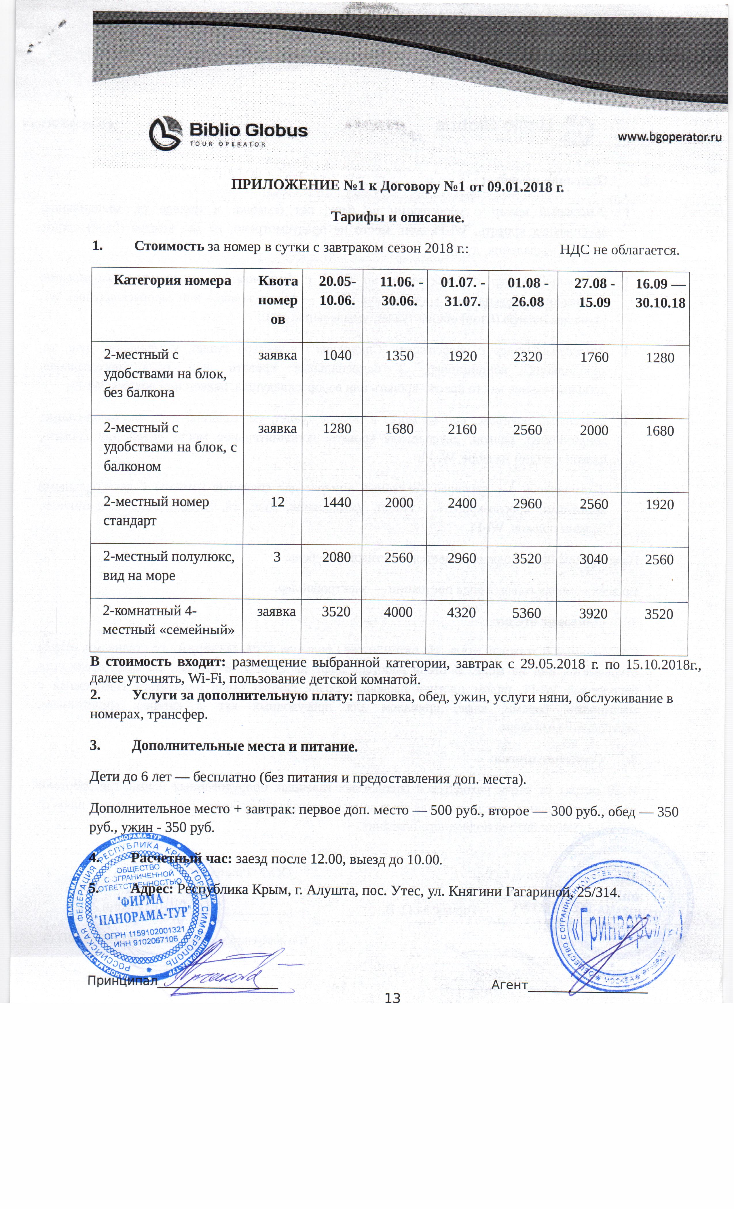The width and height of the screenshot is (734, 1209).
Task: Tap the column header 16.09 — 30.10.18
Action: point(660,293)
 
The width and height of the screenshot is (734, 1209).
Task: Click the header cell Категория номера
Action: point(172,281)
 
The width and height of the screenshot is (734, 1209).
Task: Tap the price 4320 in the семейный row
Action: point(462,613)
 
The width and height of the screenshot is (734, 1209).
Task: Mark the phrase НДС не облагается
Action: point(619,250)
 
